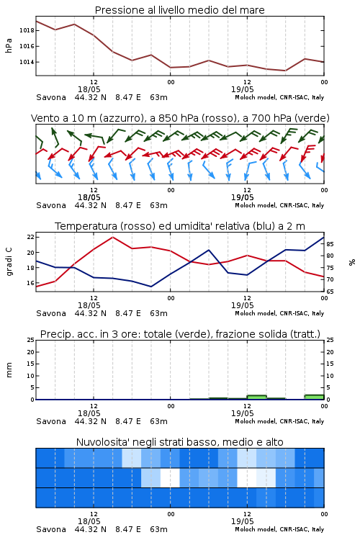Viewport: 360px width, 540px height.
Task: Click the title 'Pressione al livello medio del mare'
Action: point(179,10)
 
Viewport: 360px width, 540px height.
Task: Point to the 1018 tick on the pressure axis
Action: point(27,30)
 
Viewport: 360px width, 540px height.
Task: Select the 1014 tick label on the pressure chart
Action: point(27,62)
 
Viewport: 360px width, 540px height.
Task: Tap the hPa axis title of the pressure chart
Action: point(9,46)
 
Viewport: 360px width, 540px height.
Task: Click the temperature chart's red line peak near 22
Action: point(112,237)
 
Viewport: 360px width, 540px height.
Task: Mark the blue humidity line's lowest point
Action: point(151,287)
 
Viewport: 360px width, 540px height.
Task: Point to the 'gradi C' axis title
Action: point(9,262)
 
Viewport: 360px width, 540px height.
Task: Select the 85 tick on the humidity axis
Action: point(330,244)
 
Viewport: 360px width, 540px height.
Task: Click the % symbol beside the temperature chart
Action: point(352,262)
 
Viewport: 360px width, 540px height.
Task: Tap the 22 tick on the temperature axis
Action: point(30,237)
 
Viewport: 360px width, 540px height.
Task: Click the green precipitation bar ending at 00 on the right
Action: point(314,397)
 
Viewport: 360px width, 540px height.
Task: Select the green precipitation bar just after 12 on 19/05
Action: point(256,397)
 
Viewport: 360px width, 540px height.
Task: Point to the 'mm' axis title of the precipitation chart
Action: point(9,370)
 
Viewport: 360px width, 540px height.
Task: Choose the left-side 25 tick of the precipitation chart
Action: point(30,340)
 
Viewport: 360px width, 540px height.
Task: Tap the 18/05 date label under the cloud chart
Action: point(89,521)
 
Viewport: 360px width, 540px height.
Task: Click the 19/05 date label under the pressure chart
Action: point(242,89)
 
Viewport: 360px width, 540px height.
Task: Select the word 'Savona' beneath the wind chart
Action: point(51,206)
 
